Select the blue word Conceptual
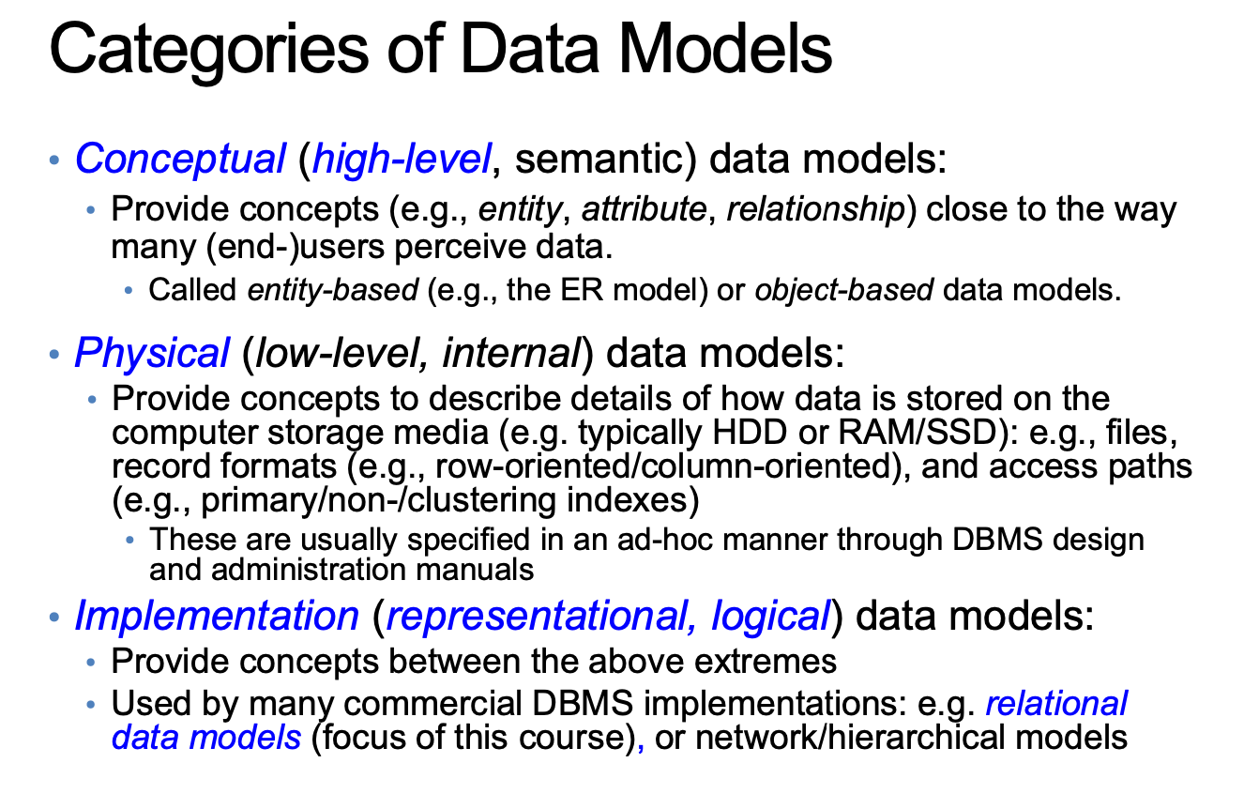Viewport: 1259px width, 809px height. (179, 159)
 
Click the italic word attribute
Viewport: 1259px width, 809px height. (643, 209)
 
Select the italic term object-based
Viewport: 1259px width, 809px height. (843, 289)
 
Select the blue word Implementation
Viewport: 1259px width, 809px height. (216, 616)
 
